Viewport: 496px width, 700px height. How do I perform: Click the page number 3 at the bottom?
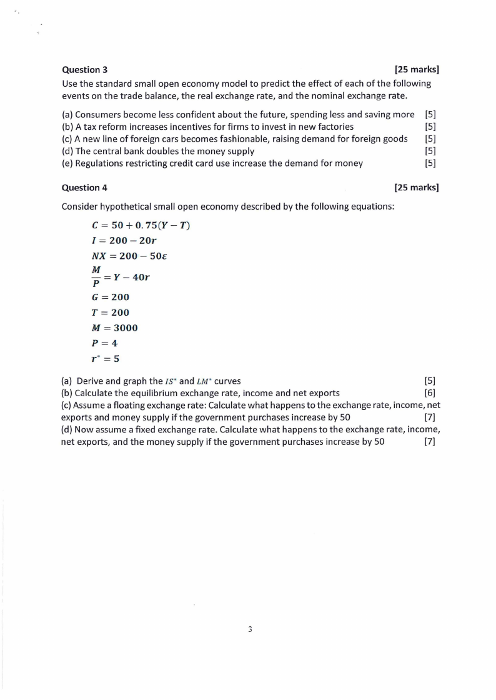pos(250,630)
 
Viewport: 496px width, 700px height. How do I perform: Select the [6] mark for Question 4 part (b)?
pos(430,392)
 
